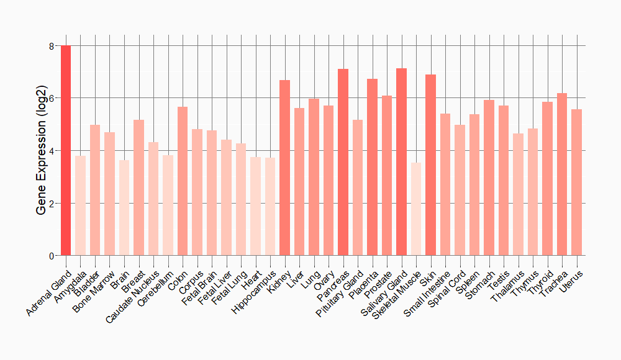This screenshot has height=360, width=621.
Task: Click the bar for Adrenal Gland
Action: (66, 150)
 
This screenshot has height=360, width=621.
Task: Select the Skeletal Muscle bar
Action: (416, 209)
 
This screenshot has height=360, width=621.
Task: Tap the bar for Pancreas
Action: (343, 162)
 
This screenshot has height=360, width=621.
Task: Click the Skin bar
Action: (430, 165)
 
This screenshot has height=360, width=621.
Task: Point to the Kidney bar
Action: (284, 168)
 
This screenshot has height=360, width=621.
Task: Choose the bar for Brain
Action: (124, 208)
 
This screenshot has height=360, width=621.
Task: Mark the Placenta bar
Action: (372, 167)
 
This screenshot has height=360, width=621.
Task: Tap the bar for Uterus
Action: (576, 182)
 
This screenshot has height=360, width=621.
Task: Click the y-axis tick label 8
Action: (52, 46)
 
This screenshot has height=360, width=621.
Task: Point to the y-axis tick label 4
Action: (52, 151)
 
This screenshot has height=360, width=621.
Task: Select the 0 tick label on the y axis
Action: (52, 256)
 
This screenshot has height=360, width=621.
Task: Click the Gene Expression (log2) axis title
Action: (42, 151)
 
